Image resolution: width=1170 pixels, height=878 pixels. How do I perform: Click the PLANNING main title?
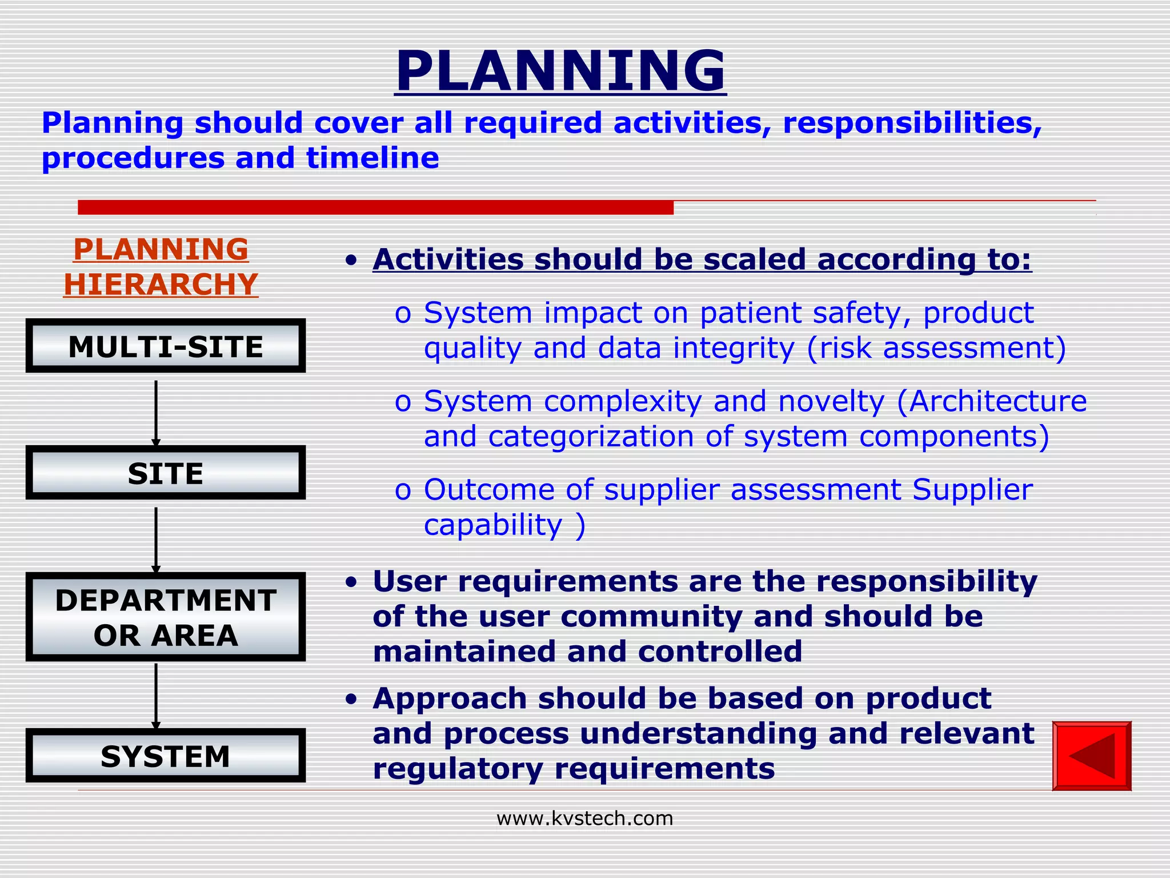[x=560, y=71]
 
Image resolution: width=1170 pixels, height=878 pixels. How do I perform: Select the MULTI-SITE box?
[x=166, y=346]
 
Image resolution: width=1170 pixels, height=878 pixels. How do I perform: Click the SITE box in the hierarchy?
[x=166, y=473]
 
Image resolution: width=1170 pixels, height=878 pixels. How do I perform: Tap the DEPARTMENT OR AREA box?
[x=166, y=617]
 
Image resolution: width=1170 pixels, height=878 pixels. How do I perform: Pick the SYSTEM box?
[x=166, y=756]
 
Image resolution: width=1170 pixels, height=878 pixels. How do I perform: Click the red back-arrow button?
[x=1091, y=756]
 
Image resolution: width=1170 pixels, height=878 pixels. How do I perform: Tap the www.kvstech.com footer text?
[x=584, y=819]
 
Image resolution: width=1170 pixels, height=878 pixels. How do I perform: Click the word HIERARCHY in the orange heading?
[x=161, y=285]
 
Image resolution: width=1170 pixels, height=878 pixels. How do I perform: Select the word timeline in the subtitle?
[x=372, y=158]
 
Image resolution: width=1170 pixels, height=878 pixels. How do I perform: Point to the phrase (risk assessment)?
[x=936, y=349]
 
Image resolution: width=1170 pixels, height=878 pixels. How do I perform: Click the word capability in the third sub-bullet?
[x=493, y=525]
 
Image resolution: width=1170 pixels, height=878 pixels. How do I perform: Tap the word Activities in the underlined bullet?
[x=448, y=260]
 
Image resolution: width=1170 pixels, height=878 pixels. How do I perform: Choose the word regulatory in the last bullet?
[x=458, y=768]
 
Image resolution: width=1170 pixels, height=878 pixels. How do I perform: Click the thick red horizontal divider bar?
[x=375, y=207]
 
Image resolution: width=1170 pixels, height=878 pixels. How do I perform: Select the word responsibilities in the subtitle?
[x=912, y=123]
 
